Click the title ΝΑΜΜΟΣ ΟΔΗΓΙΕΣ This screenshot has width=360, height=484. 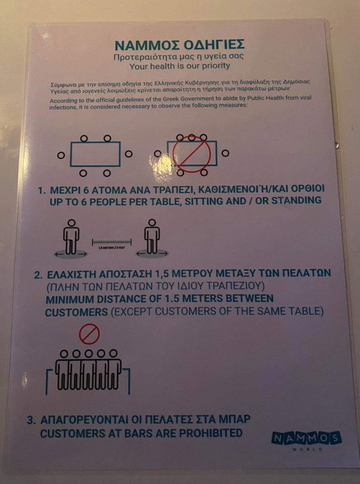[180, 44]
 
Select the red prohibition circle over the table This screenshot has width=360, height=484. [191, 154]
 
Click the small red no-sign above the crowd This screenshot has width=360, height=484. [89, 334]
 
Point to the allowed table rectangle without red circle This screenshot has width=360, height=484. [95, 154]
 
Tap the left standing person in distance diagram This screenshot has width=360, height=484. [72, 237]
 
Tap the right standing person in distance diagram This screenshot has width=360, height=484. [152, 237]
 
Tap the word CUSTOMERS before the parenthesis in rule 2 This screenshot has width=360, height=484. [76, 312]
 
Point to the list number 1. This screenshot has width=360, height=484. [41, 190]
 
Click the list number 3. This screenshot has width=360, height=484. [31, 420]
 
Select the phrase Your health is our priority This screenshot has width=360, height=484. [180, 65]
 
